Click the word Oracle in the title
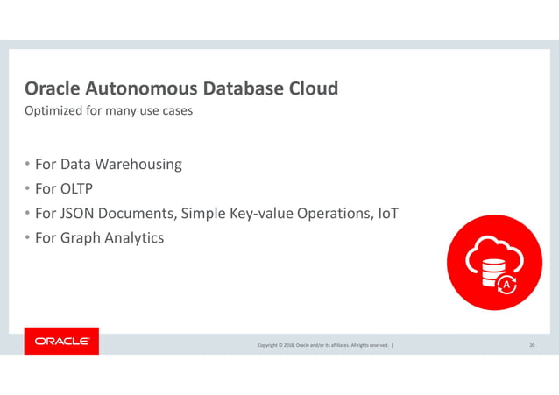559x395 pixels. point(54,89)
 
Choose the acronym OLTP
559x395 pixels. point(77,188)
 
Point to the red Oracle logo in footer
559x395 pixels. point(61,342)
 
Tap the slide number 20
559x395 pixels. point(532,346)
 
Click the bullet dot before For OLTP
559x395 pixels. point(27,189)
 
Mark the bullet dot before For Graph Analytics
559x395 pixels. point(27,238)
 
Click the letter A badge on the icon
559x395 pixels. point(506,283)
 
